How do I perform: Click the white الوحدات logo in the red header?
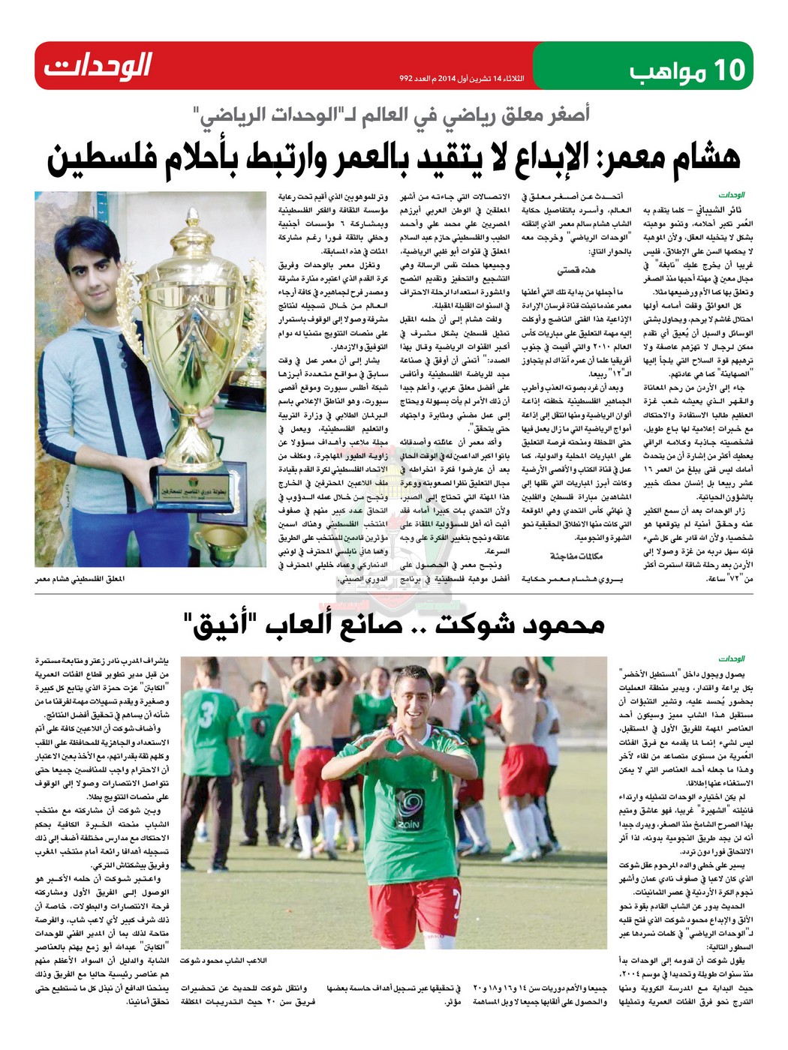point(98,66)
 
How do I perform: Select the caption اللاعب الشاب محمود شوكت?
point(235,961)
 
